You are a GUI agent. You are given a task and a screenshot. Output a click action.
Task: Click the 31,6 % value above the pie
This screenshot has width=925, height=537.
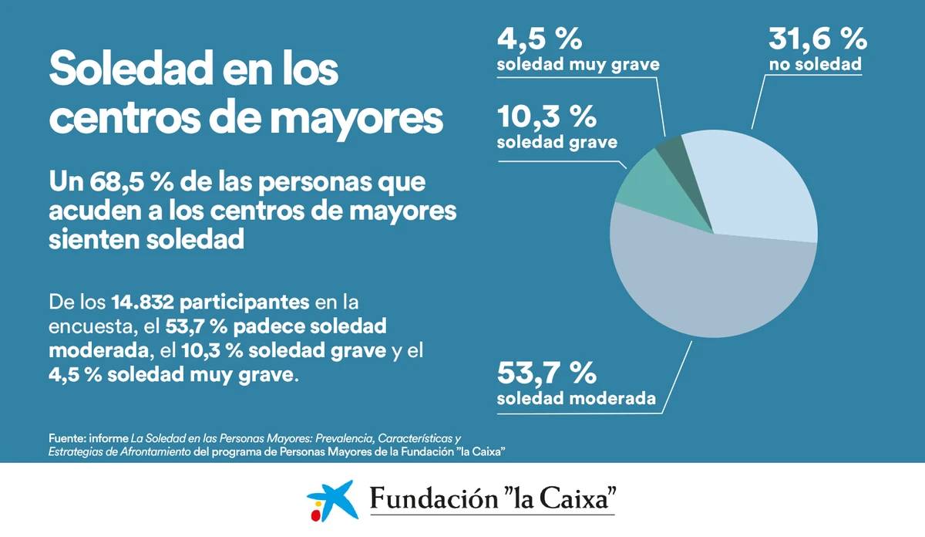pyautogui.click(x=818, y=39)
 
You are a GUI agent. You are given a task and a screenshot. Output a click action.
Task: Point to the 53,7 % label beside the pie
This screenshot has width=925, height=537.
pyautogui.click(x=547, y=373)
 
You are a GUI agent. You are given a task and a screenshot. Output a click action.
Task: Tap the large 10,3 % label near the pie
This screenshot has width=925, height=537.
pyautogui.click(x=547, y=117)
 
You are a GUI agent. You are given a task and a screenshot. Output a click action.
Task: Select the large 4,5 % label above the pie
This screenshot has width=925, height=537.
pyautogui.click(x=540, y=39)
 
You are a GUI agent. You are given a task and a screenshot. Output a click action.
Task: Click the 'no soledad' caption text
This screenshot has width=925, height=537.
pyautogui.click(x=816, y=65)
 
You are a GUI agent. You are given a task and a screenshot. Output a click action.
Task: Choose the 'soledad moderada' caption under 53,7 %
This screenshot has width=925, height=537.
pyautogui.click(x=577, y=399)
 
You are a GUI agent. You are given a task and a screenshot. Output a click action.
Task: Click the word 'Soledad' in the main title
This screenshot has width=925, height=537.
pyautogui.click(x=130, y=69)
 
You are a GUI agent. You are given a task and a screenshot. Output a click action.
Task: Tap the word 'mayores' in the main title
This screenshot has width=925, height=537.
pyautogui.click(x=358, y=119)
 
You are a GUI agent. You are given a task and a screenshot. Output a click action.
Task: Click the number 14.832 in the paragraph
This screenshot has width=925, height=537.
pyautogui.click(x=143, y=302)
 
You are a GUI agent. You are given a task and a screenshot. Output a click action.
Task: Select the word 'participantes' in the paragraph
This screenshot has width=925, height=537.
pyautogui.click(x=244, y=303)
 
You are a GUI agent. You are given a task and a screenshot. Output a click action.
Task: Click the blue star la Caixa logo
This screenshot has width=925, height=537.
pyautogui.click(x=333, y=500)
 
